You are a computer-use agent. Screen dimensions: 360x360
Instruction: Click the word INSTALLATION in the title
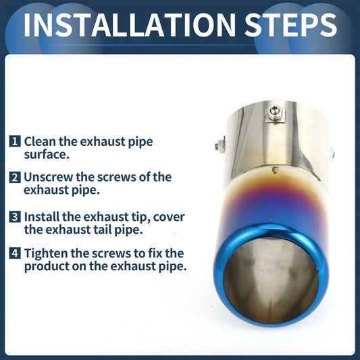point(129,25)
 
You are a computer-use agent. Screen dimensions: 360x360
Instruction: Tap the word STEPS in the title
point(291,25)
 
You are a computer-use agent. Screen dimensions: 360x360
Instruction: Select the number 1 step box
point(15,141)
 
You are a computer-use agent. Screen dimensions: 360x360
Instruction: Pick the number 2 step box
point(15,177)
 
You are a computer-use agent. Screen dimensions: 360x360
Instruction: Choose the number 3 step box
point(15,217)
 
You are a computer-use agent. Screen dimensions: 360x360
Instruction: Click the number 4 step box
point(15,253)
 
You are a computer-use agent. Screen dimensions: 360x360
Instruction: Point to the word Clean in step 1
point(40,141)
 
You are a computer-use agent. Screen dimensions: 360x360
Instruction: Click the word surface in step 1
point(47,154)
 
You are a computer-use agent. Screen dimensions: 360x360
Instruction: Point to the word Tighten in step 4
point(46,253)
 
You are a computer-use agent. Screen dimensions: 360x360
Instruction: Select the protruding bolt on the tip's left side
point(220,145)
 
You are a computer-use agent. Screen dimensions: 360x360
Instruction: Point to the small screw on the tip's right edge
point(332,153)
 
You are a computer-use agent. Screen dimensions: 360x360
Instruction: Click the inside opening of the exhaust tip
point(271,280)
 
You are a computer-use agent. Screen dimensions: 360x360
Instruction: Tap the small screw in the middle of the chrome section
point(275,170)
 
